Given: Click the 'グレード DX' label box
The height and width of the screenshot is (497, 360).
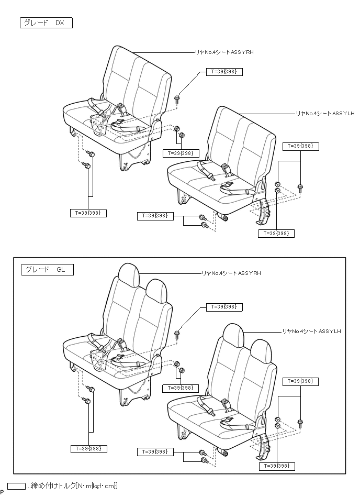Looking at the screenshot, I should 46,23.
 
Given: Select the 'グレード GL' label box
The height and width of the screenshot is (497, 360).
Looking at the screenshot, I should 47,270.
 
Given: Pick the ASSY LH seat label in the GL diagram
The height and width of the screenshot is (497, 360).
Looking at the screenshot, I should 311,331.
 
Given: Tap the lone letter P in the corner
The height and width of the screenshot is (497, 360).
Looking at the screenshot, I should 3,492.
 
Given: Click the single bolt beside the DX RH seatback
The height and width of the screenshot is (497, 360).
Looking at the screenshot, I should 178,98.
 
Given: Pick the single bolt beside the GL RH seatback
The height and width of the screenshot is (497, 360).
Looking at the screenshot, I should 178,333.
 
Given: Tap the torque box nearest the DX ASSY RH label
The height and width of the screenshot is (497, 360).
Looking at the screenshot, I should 224,72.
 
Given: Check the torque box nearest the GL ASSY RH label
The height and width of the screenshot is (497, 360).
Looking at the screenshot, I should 224,307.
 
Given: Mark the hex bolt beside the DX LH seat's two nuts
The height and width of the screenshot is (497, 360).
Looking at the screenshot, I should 300,187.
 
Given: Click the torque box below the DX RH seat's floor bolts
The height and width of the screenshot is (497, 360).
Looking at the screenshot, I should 88,213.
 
